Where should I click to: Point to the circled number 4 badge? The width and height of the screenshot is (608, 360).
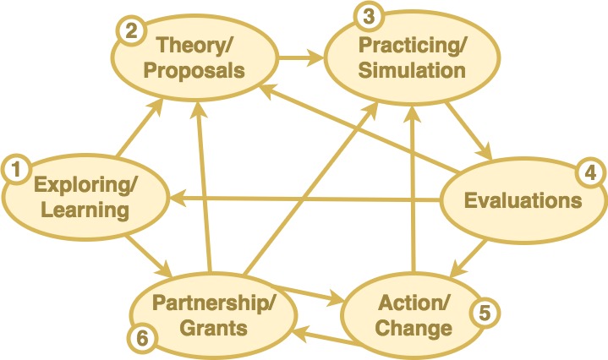tap(589, 173)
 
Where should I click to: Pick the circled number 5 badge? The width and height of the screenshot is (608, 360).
tap(485, 312)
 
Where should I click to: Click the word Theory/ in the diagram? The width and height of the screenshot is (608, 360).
tap(194, 43)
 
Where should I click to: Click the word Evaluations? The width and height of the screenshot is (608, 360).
tap(523, 200)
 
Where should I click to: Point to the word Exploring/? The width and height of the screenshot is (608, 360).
tap(83, 183)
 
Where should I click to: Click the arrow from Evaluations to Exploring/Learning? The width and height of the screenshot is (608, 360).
tap(304, 199)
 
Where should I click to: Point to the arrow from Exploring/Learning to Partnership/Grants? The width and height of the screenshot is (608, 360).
tap(149, 257)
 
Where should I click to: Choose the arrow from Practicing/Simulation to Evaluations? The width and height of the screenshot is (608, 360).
tap(474, 129)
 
